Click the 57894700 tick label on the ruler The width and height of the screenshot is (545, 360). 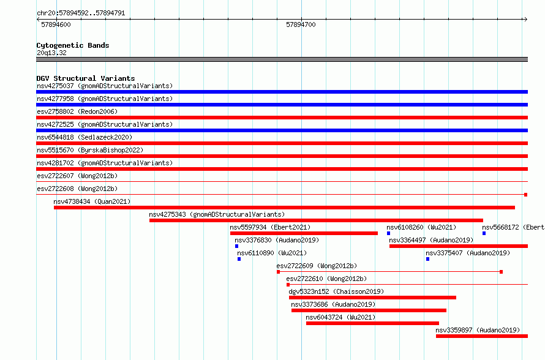coord(301,24)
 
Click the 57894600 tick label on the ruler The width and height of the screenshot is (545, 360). coord(56,24)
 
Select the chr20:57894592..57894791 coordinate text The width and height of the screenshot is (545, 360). coord(81,13)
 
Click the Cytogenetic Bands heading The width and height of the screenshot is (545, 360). coord(73,45)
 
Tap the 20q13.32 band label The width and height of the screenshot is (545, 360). coord(51,53)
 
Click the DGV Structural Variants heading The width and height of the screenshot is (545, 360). coord(86,78)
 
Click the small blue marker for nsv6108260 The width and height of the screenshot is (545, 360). coord(389,233)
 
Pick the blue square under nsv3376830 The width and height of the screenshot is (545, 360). coord(237,246)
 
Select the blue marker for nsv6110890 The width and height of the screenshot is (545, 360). coord(239,259)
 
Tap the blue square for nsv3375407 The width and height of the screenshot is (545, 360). coord(427,259)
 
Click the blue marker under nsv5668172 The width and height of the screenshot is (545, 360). coord(484,233)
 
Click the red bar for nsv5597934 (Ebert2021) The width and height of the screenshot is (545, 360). coord(304,233)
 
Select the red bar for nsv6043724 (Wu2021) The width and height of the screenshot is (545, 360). coord(372,323)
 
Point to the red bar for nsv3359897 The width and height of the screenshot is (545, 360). coord(482,336)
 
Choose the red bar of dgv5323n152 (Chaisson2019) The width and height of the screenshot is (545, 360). coord(372,298)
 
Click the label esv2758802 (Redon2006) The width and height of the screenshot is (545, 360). coord(77,111)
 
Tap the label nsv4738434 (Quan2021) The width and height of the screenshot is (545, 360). coord(92,201)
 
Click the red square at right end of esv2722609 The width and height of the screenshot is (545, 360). coord(501,272)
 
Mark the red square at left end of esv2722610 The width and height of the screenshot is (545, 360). coord(288,285)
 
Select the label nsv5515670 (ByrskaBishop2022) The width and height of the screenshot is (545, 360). coord(90,150)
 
